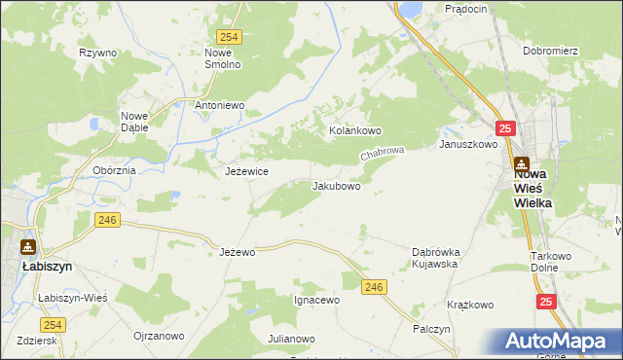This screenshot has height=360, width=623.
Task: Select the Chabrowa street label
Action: tap(382, 154)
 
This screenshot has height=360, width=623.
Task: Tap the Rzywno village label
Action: tap(98, 53)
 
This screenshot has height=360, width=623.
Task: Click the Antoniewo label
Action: tap(220, 105)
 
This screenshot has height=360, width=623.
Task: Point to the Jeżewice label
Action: tap(246, 171)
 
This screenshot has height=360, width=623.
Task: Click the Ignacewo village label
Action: tap(316, 300)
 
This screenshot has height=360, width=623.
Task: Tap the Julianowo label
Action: tap(291, 339)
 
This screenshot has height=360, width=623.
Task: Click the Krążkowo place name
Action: tap(470, 305)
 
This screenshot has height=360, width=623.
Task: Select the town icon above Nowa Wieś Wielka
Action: tap(522, 164)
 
